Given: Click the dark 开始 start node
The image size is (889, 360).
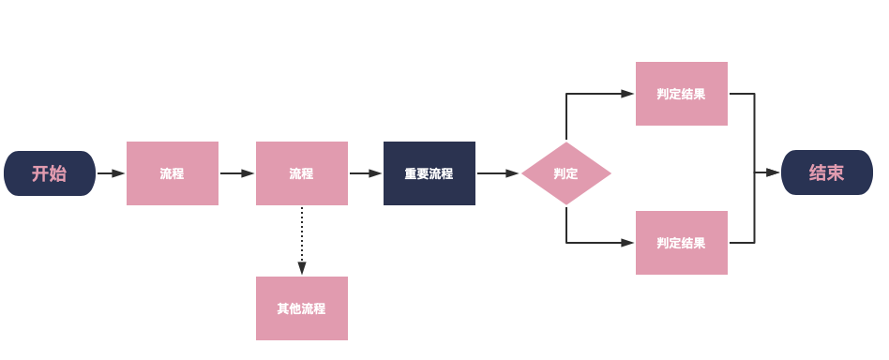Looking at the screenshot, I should (x=50, y=173).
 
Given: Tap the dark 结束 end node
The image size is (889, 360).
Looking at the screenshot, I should (x=826, y=173).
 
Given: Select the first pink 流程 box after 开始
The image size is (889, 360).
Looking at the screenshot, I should (x=173, y=173).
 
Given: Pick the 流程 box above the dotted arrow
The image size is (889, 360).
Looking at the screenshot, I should (x=302, y=173).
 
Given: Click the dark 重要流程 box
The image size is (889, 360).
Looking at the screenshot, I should (x=429, y=173).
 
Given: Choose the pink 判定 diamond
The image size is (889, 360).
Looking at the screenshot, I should (x=566, y=173).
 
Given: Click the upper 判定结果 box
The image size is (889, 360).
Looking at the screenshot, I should (x=682, y=94).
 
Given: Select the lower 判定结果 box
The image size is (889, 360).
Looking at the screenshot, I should (x=682, y=243).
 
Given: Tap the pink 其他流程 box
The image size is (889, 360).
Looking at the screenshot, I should (x=302, y=308).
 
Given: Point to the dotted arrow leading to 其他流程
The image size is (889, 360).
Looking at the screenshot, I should (x=302, y=240).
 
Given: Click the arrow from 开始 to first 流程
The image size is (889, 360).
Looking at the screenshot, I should (x=111, y=173).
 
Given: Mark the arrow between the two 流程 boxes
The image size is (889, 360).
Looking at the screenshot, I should (x=237, y=173).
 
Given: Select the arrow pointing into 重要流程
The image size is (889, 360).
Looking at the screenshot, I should (x=366, y=173).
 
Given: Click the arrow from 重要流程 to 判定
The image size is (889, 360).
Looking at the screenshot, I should (x=498, y=173).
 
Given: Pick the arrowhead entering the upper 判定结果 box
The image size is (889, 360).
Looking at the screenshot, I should (x=627, y=94).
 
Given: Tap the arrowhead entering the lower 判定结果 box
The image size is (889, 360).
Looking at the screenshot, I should (x=627, y=243).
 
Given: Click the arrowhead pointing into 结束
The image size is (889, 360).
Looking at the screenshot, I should (x=774, y=173).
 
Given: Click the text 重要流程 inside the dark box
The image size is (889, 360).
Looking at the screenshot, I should (x=429, y=173).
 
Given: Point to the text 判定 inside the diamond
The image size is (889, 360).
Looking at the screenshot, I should (x=565, y=173).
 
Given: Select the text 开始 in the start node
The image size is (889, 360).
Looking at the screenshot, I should (x=49, y=173).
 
